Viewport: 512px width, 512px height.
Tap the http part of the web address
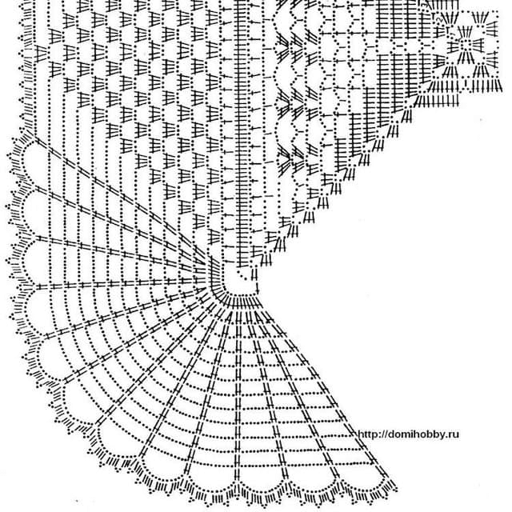pyautogui.click(x=369, y=434)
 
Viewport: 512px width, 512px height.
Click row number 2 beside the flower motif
pyautogui.click(x=439, y=20)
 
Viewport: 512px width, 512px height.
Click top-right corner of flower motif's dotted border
pyautogui.click(x=498, y=12)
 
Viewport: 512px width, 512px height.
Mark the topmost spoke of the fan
pyautogui.click(x=120, y=200)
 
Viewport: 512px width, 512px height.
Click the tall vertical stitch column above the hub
pyautogui.click(x=241, y=134)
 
